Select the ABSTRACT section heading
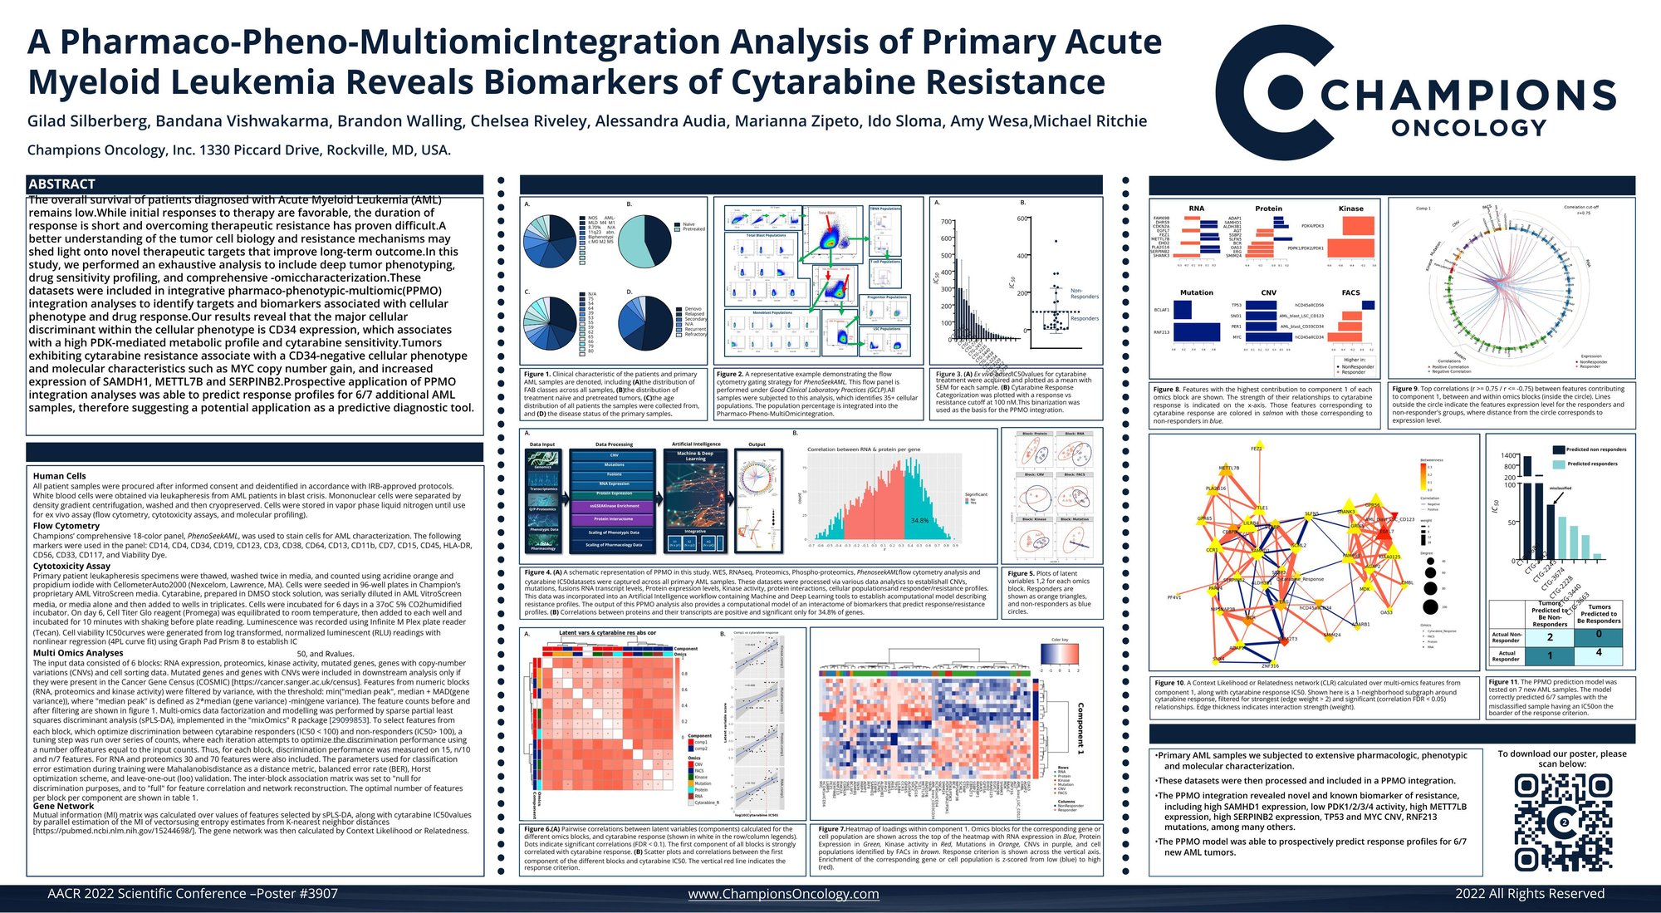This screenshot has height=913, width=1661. [62, 184]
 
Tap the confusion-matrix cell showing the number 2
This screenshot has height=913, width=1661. [1550, 637]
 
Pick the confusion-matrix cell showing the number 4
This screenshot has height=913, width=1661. [1599, 653]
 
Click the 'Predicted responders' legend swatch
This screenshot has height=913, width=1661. [1559, 464]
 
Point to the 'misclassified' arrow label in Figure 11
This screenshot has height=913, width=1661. [1560, 488]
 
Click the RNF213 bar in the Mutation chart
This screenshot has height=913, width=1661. [1197, 332]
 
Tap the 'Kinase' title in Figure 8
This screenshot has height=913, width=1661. [1350, 209]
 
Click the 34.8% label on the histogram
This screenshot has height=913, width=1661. [919, 521]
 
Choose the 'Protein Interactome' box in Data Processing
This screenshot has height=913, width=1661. [614, 518]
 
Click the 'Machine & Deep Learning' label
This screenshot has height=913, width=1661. [695, 456]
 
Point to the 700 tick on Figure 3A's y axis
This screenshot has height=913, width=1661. [947, 222]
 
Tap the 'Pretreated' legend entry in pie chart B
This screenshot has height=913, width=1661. [693, 229]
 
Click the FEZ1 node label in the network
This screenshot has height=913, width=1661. [1256, 449]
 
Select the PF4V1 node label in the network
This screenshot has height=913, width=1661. [1174, 597]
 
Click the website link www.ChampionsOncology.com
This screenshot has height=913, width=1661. [783, 894]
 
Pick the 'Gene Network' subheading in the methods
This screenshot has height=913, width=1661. [63, 806]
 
